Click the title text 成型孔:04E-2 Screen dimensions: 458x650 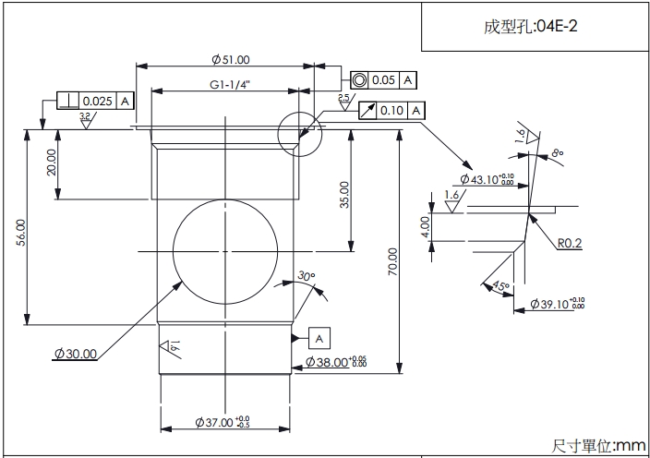tap(530, 26)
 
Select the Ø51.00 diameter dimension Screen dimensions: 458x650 tap(230, 60)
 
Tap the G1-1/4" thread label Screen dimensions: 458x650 tap(230, 84)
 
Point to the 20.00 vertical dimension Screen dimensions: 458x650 tap(52, 163)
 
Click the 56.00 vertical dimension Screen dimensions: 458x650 tap(20, 231)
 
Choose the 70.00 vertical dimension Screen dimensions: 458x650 tap(392, 261)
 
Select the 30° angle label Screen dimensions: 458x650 tap(307, 276)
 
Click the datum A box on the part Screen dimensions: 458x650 tap(319, 338)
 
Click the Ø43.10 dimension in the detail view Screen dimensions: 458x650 tap(487, 179)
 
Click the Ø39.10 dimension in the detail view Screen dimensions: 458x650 tap(558, 304)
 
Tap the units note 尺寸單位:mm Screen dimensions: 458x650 tap(599, 446)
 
